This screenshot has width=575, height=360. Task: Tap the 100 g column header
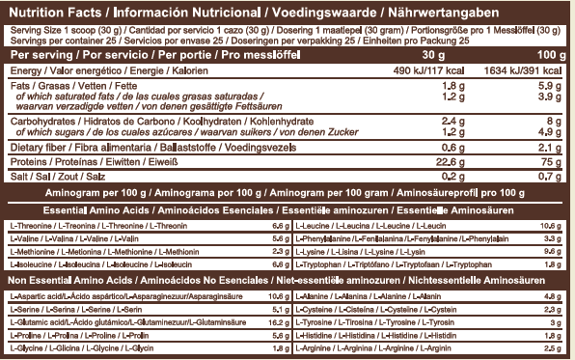coord(546,56)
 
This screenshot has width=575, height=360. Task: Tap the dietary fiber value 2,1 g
coord(553,147)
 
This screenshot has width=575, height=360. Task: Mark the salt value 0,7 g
coord(553,178)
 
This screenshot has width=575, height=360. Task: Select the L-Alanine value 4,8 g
coord(553,295)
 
